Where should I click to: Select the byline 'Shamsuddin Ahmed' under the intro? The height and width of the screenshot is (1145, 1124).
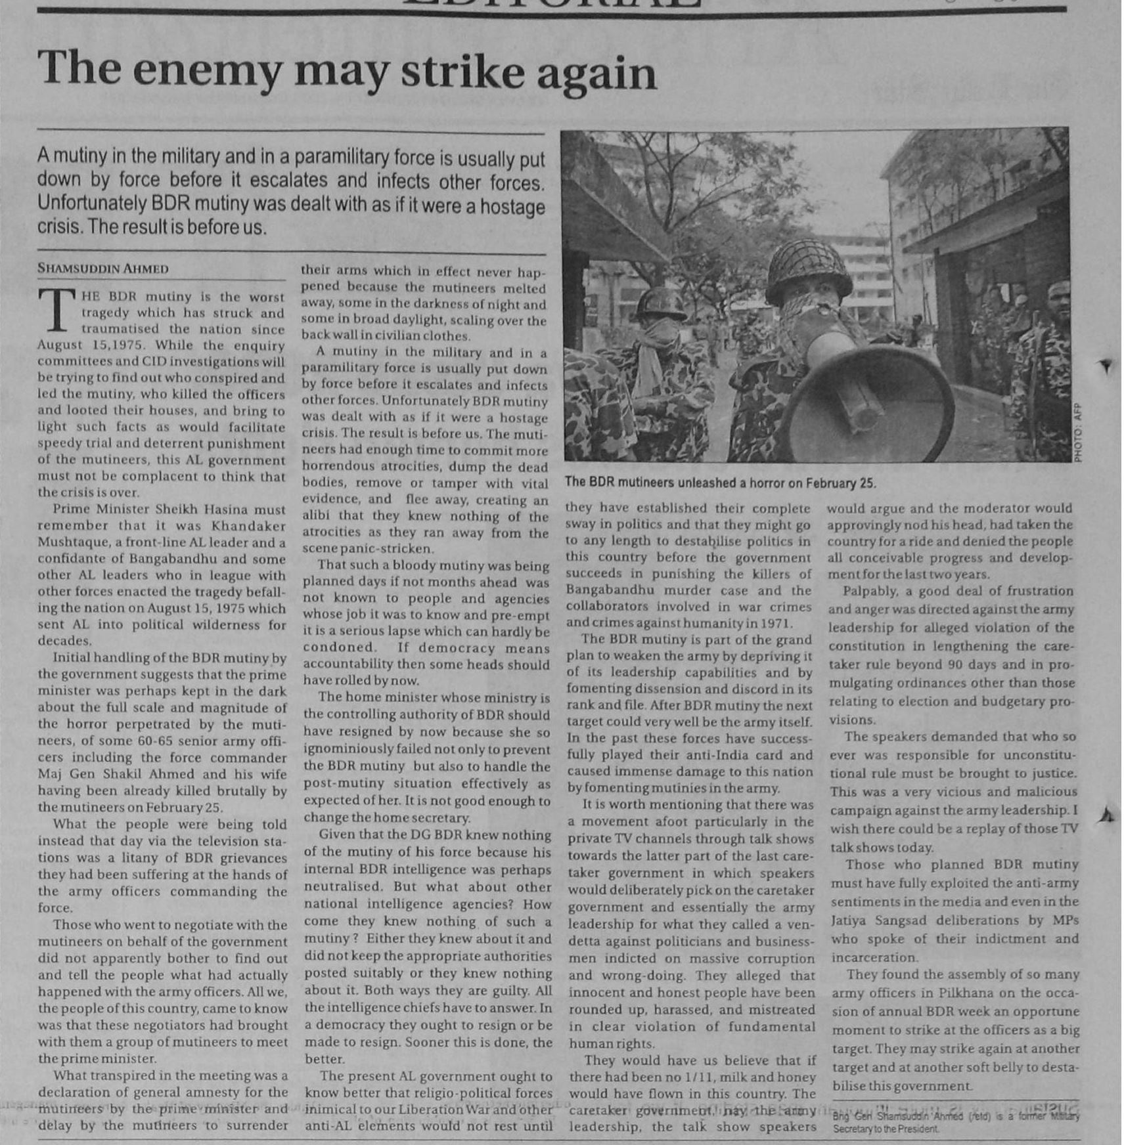point(103,269)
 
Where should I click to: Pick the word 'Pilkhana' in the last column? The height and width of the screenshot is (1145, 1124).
point(964,993)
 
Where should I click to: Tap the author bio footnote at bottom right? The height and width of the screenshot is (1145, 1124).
point(955,1122)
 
